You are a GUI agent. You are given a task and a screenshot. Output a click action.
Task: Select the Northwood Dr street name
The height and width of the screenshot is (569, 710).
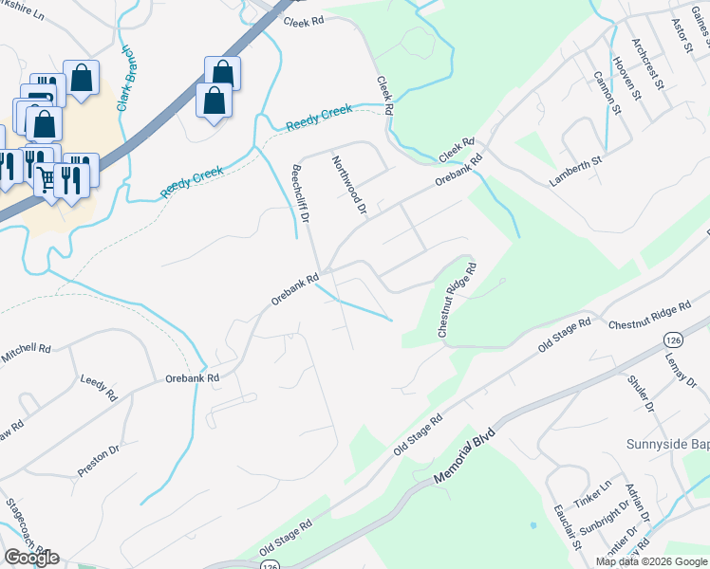(348, 185)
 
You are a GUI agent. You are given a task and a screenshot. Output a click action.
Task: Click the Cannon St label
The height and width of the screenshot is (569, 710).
(607, 93)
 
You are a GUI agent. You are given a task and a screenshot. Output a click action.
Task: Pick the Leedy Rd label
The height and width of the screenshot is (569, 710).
(98, 388)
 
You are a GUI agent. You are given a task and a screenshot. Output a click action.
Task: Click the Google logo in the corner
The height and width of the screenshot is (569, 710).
(31, 558)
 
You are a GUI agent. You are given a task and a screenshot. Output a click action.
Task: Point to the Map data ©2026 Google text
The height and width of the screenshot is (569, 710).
(651, 561)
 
